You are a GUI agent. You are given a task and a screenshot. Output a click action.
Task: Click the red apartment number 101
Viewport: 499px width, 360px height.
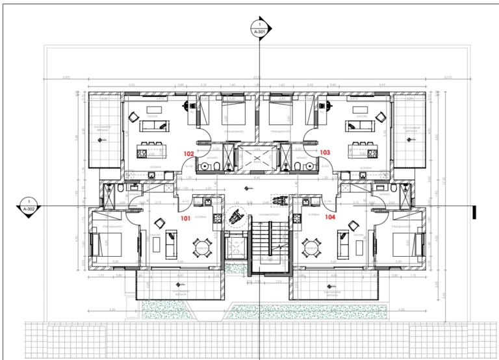coord(185,219)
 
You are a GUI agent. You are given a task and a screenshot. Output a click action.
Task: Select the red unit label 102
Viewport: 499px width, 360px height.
coord(188,154)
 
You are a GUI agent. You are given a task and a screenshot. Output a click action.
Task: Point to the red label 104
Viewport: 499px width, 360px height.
coord(329,217)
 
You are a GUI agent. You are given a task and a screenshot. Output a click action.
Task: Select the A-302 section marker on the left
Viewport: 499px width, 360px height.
coord(29,207)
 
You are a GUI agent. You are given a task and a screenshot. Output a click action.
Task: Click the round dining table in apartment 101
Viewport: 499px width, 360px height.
coord(202,246)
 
